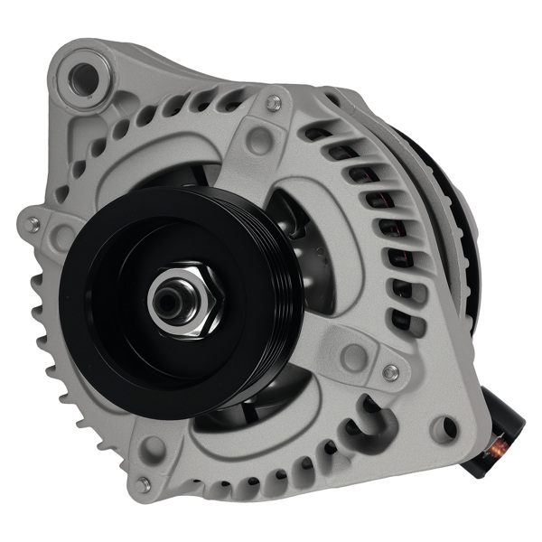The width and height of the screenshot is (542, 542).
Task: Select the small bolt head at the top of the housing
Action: [271, 101]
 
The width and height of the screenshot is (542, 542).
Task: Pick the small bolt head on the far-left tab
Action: [33, 225]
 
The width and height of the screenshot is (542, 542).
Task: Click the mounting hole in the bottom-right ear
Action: [442, 429]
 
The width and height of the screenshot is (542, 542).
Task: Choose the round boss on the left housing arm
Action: [62, 237]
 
